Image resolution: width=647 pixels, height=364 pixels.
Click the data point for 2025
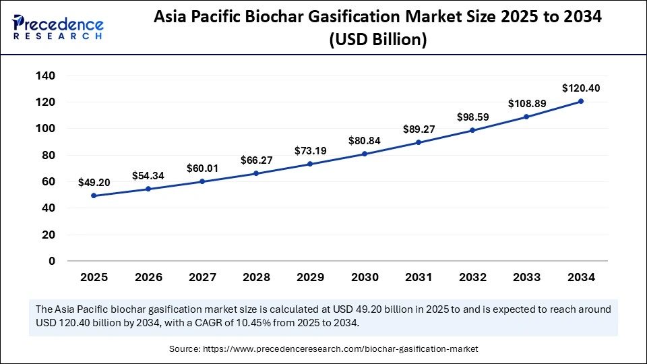pyautogui.click(x=94, y=195)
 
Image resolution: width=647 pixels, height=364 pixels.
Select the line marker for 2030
pyautogui.click(x=365, y=154)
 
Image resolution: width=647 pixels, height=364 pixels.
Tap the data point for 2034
pyautogui.click(x=581, y=101)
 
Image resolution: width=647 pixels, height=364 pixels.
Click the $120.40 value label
pyautogui.click(x=581, y=88)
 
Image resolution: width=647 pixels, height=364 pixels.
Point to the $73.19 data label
pyautogui.click(x=311, y=151)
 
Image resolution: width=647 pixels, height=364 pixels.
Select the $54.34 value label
pyautogui.click(x=148, y=176)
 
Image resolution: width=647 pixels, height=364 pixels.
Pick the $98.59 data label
pyautogui.click(x=473, y=117)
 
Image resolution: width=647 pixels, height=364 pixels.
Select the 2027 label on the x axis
pyautogui.click(x=202, y=277)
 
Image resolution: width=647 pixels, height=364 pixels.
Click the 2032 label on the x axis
pyautogui.click(x=473, y=277)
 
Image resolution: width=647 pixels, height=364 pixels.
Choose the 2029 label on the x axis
pyautogui.click(x=311, y=277)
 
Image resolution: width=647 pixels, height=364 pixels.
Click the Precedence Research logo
pyautogui.click(x=58, y=28)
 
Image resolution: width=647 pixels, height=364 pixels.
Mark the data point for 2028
pyautogui.click(x=256, y=173)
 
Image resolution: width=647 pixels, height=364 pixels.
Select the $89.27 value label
pyautogui.click(x=419, y=129)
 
